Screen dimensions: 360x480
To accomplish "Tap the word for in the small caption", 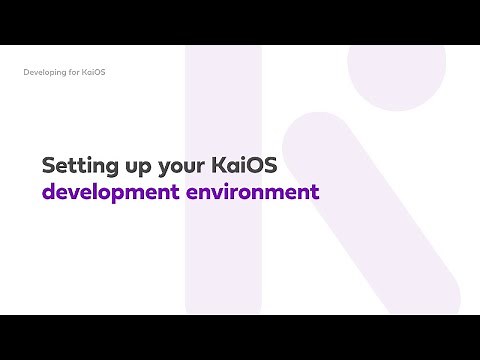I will [x=71, y=73].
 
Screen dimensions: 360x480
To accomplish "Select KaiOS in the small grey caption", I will [x=91, y=73].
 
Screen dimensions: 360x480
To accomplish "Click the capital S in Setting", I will [x=49, y=164].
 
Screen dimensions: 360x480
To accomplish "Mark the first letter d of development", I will [x=49, y=190].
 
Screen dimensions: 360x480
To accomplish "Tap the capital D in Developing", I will [x=26, y=73].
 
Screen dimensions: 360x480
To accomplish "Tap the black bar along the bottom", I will [x=240, y=337].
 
